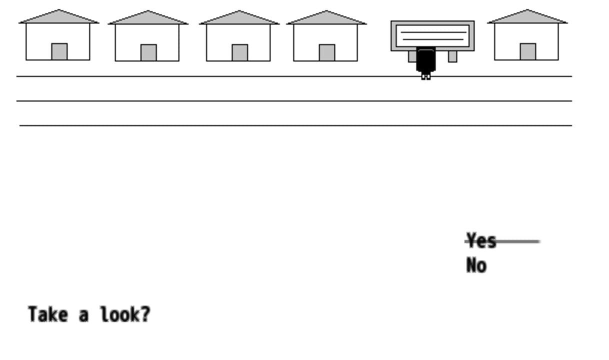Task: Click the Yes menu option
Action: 481,240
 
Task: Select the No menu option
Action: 476,265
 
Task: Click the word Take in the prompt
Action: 48,314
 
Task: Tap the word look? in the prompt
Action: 125,314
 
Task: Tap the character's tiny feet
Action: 426,76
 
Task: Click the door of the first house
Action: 59,51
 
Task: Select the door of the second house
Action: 148,52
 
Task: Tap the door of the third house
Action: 240,52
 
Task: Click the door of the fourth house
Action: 327,52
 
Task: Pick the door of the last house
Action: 528,51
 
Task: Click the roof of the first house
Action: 58,16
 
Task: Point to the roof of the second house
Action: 148,17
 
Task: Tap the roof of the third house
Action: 239,17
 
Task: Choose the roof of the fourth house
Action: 326,17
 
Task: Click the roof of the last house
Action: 527,16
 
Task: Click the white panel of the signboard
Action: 432,36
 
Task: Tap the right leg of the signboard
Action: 452,56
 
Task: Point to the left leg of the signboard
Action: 412,56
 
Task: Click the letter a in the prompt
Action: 83,316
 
